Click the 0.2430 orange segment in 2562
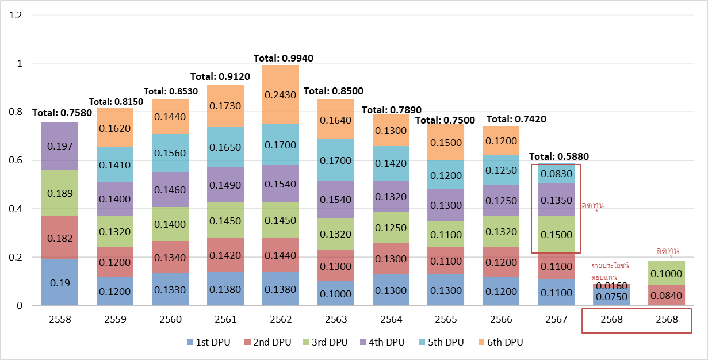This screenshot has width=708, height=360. pyautogui.click(x=281, y=94)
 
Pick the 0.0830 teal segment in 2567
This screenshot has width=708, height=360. pyautogui.click(x=556, y=174)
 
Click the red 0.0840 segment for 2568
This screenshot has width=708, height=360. pyautogui.click(x=667, y=295)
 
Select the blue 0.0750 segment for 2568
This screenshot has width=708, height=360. pyautogui.click(x=611, y=297)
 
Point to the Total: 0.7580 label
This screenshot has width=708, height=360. pyautogui.click(x=62, y=113)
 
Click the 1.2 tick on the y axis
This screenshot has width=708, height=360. pyautogui.click(x=16, y=15)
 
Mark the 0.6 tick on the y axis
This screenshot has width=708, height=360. pyautogui.click(x=16, y=160)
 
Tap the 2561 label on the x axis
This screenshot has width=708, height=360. pyautogui.click(x=224, y=319)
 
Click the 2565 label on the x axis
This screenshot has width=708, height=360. pyautogui.click(x=445, y=319)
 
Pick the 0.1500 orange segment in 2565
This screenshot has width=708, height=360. pyautogui.click(x=445, y=143)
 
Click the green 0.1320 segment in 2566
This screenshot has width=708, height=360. pyautogui.click(x=500, y=232)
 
